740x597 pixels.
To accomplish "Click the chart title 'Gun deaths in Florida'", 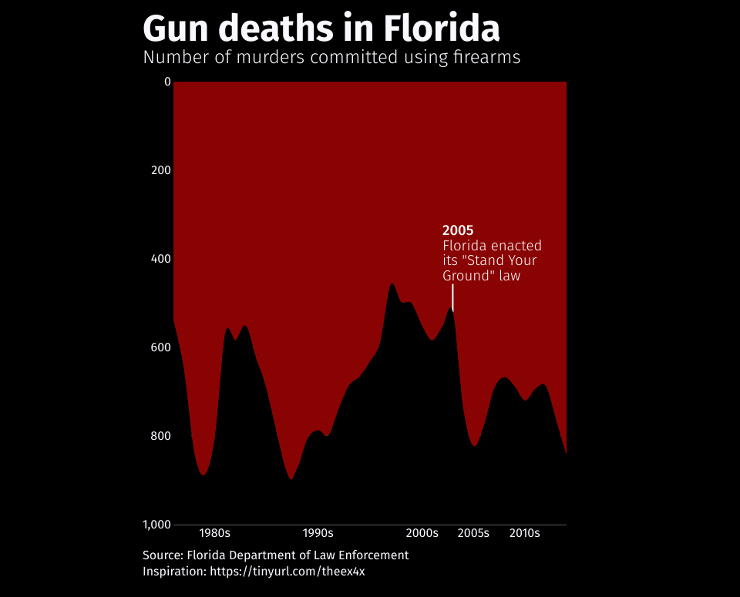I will [x=321, y=29].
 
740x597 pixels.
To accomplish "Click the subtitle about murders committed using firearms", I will [x=331, y=58].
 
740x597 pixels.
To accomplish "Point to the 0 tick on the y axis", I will [x=167, y=81].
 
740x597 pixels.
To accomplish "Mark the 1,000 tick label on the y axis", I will [x=156, y=525].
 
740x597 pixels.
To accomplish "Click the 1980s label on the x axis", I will [x=214, y=533].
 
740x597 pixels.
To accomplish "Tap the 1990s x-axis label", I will [x=318, y=533].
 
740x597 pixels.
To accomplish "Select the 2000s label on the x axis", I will [x=422, y=533].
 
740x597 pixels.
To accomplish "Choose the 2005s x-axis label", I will [x=473, y=533].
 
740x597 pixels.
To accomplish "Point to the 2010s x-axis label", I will [x=525, y=533].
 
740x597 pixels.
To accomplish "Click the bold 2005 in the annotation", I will [x=457, y=230].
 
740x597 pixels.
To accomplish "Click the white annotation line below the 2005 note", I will [x=452, y=297].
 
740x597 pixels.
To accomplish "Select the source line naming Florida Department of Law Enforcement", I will [x=275, y=555].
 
